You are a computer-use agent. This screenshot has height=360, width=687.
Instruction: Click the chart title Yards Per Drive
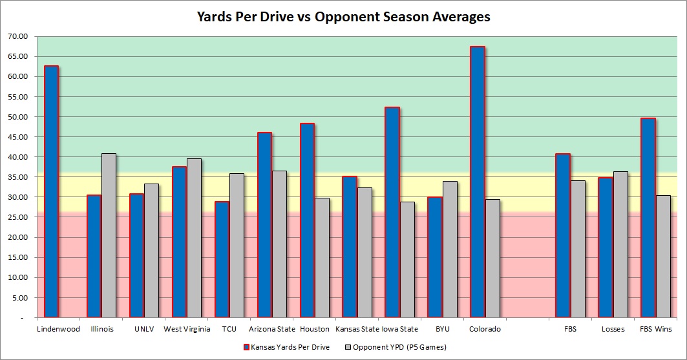pos(343,17)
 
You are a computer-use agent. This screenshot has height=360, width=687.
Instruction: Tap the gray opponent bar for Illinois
pos(109,236)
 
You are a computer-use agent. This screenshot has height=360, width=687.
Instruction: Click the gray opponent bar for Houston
pos(322,258)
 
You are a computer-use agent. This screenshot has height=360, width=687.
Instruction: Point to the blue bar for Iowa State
pos(392,213)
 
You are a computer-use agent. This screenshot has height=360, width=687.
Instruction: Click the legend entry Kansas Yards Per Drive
pos(288,347)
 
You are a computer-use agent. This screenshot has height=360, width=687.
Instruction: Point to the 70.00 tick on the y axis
pos(18,36)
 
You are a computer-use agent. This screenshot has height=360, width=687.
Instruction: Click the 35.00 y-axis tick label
pos(18,177)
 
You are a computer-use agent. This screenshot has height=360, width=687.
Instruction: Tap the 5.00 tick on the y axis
pos(19,298)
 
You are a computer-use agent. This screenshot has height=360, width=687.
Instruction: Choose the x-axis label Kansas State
pos(356,329)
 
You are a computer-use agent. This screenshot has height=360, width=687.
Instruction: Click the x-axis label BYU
pos(442,329)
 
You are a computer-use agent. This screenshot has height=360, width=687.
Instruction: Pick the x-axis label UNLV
pos(144,329)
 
